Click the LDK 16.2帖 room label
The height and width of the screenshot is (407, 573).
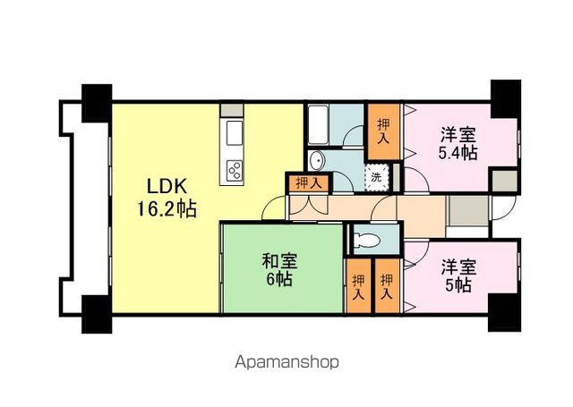tap(167, 199)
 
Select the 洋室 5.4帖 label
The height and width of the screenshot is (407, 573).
tap(457, 144)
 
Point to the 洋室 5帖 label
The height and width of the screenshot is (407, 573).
tap(457, 276)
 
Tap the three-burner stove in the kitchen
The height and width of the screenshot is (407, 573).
tap(235, 168)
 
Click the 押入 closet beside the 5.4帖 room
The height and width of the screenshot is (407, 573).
tap(382, 131)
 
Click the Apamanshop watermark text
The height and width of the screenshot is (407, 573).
tap(286, 362)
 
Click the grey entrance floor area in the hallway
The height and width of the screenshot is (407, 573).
tap(466, 214)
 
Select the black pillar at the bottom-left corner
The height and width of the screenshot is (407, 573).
tap(96, 310)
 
